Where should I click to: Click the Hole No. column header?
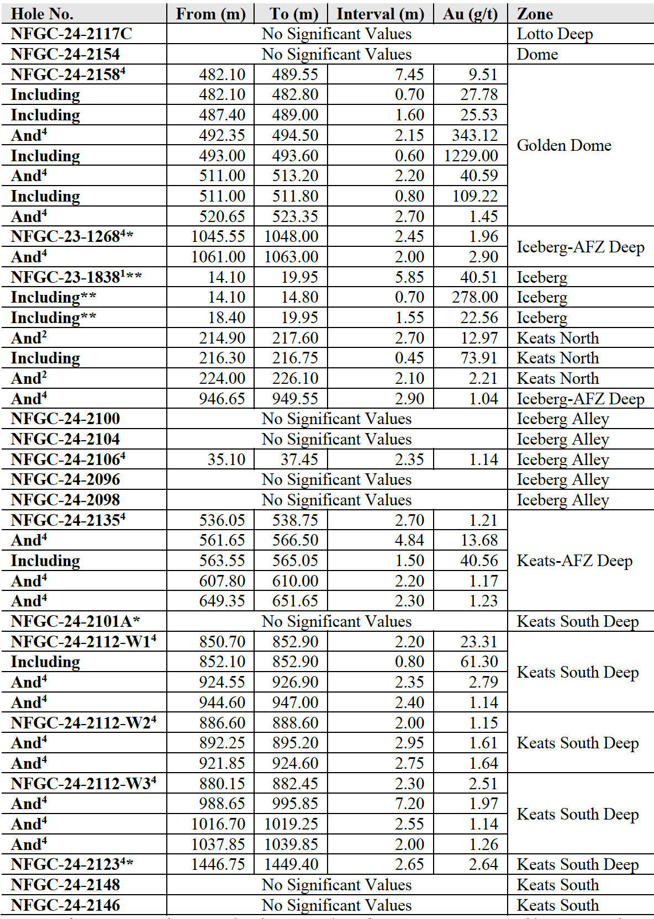[42, 14]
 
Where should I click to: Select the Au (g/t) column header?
[470, 14]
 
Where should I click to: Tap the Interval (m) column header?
[380, 14]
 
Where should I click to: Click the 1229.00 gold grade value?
[471, 156]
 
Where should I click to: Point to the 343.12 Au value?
[474, 135]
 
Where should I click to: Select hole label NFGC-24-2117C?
[71, 34]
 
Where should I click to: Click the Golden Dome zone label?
[564, 145]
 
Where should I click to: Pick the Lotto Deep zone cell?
[555, 34]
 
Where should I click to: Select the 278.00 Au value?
[474, 297]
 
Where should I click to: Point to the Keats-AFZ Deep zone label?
[574, 561]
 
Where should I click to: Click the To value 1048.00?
[291, 236]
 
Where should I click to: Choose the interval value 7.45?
[409, 75]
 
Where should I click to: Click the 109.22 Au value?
[474, 196]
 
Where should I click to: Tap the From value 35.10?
[226, 459]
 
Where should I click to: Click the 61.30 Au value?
[479, 662]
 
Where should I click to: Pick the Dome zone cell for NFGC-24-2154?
[537, 54]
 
